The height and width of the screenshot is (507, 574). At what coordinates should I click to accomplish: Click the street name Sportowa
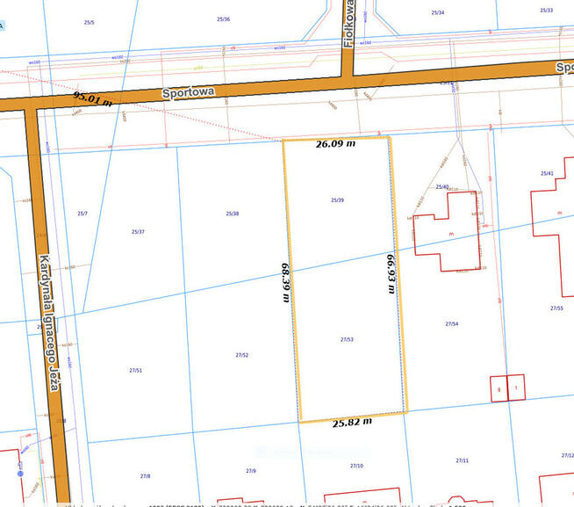point(189,91)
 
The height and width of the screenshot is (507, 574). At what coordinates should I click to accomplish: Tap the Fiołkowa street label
point(348,24)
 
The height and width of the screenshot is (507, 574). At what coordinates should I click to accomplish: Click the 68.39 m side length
point(285,281)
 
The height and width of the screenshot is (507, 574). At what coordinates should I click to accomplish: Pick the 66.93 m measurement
point(391,273)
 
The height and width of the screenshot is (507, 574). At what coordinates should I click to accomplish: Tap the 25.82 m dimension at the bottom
point(353,422)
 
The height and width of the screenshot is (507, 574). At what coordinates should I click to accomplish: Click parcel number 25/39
point(337,200)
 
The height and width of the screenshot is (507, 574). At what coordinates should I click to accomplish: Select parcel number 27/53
point(347,338)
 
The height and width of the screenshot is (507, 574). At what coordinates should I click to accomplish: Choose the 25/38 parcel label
point(233,214)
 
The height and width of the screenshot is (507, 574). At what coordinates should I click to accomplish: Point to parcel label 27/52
point(242,355)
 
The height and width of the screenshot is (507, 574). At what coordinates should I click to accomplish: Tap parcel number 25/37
point(138,231)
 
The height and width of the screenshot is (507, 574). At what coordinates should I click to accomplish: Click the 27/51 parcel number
point(135,370)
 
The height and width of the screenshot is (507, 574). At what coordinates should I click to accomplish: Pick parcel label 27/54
point(452,324)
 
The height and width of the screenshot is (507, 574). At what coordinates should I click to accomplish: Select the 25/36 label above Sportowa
point(224,18)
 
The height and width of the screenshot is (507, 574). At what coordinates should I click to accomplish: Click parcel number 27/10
point(356,466)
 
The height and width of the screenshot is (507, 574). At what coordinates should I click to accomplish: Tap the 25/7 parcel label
point(83,214)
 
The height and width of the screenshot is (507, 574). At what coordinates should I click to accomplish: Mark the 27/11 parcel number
point(462,460)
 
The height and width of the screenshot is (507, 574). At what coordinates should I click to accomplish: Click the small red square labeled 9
point(499,388)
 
